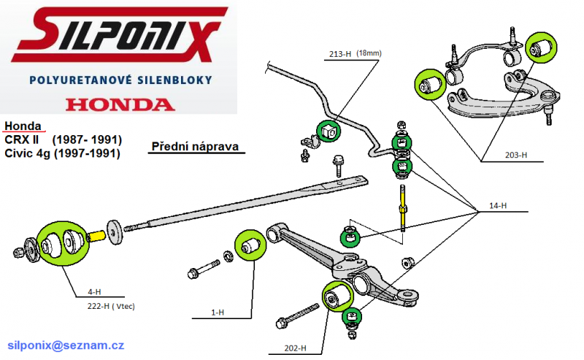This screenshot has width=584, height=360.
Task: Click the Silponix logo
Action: [x=119, y=34]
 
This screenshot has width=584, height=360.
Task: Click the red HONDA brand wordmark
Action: [x=120, y=104]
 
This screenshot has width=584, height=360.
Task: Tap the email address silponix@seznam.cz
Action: [x=66, y=345]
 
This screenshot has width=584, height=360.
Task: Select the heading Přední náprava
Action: [x=195, y=147]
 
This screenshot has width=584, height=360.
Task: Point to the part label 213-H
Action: [x=340, y=54]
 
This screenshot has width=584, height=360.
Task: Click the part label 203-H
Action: [x=516, y=155]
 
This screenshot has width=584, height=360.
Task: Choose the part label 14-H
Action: [x=498, y=205]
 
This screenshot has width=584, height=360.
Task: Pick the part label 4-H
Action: [x=94, y=292]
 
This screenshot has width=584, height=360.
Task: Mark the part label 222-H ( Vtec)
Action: [x=111, y=307]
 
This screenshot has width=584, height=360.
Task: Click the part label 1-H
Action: [x=218, y=313]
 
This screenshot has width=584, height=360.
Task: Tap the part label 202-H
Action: [x=295, y=348]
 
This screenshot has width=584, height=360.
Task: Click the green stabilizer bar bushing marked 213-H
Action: [x=328, y=131]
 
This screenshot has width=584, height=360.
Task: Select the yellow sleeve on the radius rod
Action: [x=96, y=237]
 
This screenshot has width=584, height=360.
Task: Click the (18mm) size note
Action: [x=369, y=53]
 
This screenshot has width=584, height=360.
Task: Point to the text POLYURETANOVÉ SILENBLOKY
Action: [x=120, y=80]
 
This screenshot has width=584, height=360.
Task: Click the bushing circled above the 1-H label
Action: [x=250, y=245]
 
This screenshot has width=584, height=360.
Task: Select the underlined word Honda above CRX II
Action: [x=23, y=126]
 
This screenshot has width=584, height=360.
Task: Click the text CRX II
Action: [x=22, y=139]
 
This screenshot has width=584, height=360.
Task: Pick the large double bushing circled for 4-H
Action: [x=64, y=243]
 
